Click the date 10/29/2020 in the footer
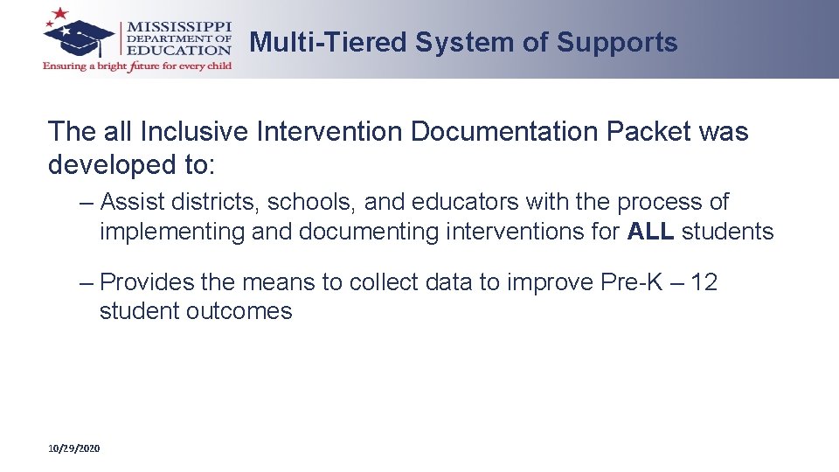[74, 448]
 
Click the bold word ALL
[650, 232]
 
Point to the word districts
[218, 202]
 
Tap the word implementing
[172, 232]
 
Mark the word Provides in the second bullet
[151, 282]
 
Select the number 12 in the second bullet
[704, 282]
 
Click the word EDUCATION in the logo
[180, 51]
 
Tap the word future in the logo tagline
[144, 66]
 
